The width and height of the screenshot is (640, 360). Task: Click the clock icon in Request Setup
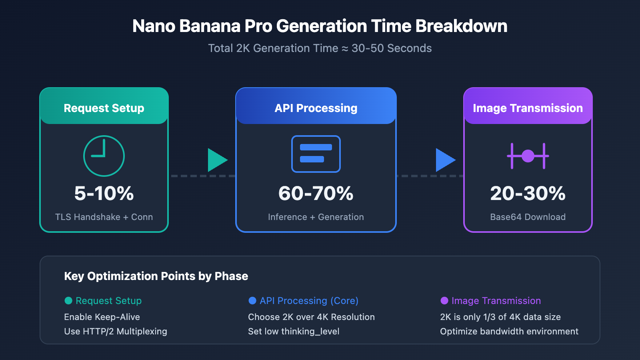coord(104,156)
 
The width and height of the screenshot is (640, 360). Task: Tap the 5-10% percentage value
coord(104,193)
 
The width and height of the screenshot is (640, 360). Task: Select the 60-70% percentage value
coord(316,193)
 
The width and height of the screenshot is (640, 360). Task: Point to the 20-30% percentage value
coord(528,193)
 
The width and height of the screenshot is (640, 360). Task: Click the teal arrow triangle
coord(216,160)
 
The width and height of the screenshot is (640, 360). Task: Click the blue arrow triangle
coord(444,160)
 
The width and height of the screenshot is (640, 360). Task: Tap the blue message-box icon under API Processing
coord(316,154)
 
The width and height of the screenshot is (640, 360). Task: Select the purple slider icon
coord(528,156)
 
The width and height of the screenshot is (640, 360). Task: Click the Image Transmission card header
coord(528,108)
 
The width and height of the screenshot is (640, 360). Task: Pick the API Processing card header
coord(316,108)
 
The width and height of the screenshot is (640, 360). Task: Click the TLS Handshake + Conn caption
coord(104,217)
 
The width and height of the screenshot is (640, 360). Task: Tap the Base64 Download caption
coord(528,217)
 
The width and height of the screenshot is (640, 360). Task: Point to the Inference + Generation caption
coord(316,217)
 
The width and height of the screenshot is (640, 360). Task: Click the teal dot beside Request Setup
coord(68,300)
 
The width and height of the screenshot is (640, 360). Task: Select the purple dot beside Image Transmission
coord(444,300)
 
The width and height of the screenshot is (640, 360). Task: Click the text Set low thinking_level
coord(294,331)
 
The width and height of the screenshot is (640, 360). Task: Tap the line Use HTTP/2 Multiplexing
coord(116,331)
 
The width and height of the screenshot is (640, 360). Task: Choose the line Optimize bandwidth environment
coord(509,331)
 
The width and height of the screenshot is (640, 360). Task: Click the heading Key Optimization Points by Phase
coord(156,276)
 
